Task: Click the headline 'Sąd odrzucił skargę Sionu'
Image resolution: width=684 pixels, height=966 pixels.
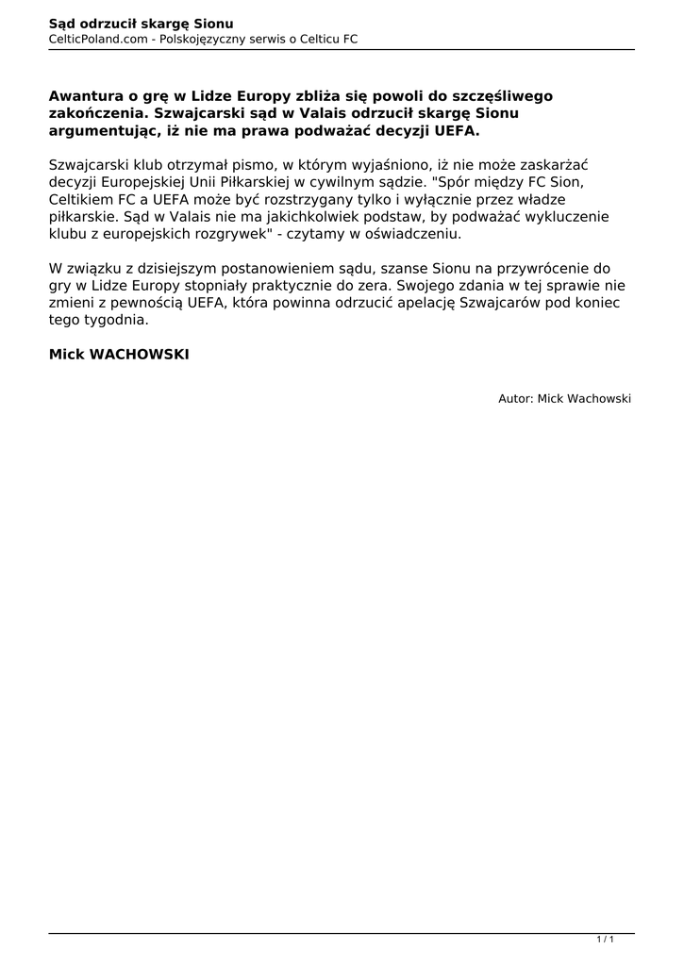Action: coord(142,23)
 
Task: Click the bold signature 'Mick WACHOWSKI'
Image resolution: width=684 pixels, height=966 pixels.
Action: coord(119,355)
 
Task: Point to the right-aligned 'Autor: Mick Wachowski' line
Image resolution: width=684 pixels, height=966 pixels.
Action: coord(564,399)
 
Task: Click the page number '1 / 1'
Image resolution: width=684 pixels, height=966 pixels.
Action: coord(606,940)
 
